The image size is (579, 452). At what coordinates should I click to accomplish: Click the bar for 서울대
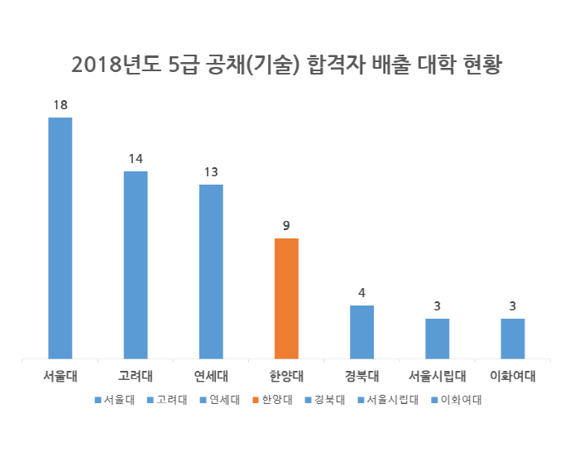[60, 238]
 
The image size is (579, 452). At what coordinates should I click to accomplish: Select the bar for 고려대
[136, 265]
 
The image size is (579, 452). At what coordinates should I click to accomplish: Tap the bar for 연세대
[211, 272]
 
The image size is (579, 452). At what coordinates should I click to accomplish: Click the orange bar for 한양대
[286, 299]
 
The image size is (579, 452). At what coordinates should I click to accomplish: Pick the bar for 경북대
[361, 332]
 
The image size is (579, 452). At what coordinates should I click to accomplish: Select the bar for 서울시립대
[438, 339]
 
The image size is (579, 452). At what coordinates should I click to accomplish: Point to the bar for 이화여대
[513, 339]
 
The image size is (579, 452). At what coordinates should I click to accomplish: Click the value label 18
[60, 105]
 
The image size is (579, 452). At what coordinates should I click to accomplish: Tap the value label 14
[136, 159]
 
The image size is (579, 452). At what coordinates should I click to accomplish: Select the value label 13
[211, 172]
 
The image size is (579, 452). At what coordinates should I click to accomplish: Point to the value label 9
[286, 226]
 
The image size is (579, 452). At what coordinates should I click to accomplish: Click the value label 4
[361, 293]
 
